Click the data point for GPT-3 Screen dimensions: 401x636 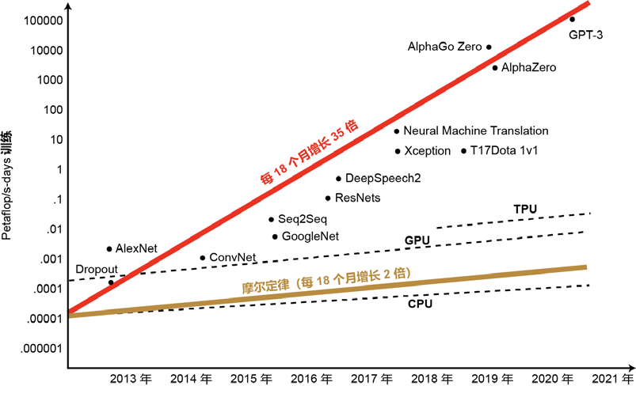573,19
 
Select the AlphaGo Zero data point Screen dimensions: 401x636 489,47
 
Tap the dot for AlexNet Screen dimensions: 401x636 109,248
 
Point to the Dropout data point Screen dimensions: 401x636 111,282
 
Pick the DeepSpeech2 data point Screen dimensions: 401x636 338,179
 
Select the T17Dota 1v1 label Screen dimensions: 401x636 505,150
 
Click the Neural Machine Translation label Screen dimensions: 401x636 475,131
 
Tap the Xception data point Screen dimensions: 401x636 397,150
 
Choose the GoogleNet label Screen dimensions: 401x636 310,236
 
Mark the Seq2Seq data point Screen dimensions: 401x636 271,219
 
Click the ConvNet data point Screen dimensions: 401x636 203,258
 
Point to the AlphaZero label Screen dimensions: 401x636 529,68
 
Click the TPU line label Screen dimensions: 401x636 525,209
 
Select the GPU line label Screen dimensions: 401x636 417,240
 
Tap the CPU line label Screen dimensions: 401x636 420,304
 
